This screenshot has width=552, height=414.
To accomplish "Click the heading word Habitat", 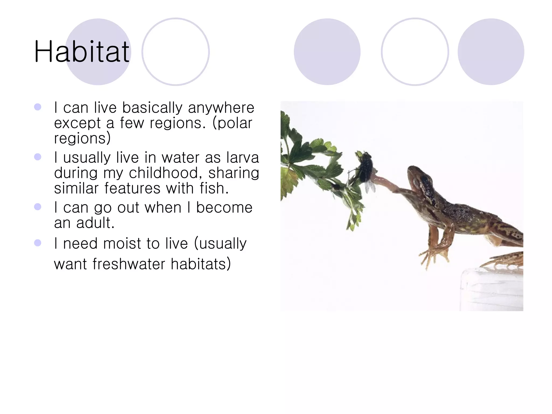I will tap(82, 51).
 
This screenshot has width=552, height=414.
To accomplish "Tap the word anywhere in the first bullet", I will tap(221, 108).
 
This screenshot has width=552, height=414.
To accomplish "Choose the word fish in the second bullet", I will tap(214, 188).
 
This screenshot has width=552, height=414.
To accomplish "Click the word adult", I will tap(95, 223).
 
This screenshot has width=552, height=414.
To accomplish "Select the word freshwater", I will tap(128, 264).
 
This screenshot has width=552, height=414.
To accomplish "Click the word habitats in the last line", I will tap(201, 264).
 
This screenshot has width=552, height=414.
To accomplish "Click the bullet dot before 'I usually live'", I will tap(38, 157).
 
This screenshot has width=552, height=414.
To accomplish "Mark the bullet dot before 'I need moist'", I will tap(38, 243).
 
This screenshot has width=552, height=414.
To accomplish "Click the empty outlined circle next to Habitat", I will tap(175, 52).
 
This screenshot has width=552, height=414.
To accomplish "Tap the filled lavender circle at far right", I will tap(491, 52).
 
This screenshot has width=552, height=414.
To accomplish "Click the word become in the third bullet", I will tap(224, 208).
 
